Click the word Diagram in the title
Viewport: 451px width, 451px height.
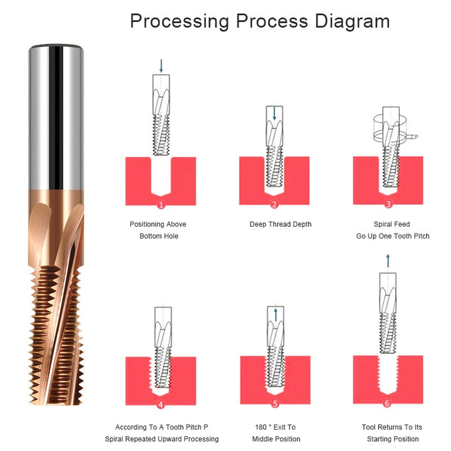[352, 22]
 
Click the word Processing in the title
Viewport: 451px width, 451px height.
[180, 22]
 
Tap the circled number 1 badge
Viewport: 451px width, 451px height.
[161, 205]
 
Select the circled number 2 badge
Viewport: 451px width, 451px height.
[274, 204]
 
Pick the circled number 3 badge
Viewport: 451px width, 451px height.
[388, 204]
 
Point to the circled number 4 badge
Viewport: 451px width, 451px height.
[161, 405]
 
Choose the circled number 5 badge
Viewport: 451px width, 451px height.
[275, 404]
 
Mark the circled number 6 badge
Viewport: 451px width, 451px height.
[387, 403]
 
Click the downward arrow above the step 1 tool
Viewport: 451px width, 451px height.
[161, 66]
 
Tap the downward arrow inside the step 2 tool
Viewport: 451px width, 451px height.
[274, 113]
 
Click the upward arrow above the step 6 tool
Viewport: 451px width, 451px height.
[388, 261]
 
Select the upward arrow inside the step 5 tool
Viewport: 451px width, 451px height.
[276, 314]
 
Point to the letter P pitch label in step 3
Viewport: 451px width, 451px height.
[416, 137]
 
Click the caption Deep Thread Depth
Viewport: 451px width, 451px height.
[281, 224]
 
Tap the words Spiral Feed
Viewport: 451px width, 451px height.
[391, 224]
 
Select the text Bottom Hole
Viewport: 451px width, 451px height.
[158, 236]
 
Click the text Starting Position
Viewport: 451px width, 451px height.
[393, 439]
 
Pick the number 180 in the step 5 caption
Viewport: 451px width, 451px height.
[261, 427]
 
